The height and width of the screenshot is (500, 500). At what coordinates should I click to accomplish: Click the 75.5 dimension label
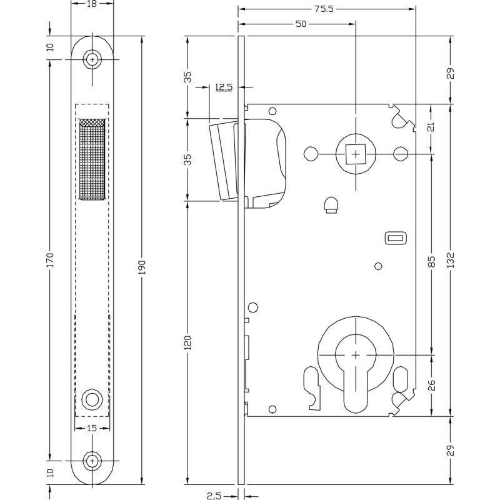pyautogui.click(x=324, y=9)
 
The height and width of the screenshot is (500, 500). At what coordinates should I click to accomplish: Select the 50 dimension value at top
pyautogui.click(x=301, y=24)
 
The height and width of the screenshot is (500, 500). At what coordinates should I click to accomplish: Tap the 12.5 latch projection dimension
pyautogui.click(x=224, y=87)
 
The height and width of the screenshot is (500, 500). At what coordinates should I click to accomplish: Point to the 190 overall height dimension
pyautogui.click(x=142, y=267)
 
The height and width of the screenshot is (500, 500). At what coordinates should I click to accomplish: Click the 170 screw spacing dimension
pyautogui.click(x=51, y=260)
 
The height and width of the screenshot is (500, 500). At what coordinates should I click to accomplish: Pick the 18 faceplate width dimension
pyautogui.click(x=91, y=4)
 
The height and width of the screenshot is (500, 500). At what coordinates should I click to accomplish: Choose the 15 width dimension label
pyautogui.click(x=91, y=428)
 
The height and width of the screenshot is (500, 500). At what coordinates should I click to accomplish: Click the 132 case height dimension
pyautogui.click(x=450, y=260)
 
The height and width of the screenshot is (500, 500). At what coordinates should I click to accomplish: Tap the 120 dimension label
pyautogui.click(x=188, y=342)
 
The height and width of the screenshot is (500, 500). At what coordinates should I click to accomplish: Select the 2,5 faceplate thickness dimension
pyautogui.click(x=214, y=496)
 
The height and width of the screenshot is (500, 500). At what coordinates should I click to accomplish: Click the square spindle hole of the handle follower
pyautogui.click(x=356, y=154)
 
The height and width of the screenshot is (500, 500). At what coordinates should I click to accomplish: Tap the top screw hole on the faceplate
pyautogui.click(x=92, y=59)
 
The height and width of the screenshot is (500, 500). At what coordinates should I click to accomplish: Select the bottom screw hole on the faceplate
pyautogui.click(x=92, y=461)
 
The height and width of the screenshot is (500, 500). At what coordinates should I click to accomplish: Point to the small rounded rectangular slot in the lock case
pyautogui.click(x=396, y=237)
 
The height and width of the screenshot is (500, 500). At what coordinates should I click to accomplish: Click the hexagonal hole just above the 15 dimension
pyautogui.click(x=92, y=399)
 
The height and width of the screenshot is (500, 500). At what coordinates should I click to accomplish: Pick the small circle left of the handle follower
pyautogui.click(x=311, y=154)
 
